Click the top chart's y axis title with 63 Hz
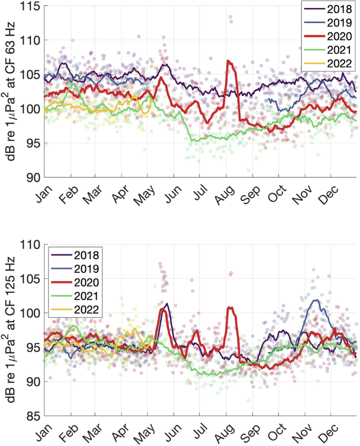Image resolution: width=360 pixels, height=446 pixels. coord(10,92)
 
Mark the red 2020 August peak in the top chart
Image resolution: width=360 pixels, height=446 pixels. coord(229,61)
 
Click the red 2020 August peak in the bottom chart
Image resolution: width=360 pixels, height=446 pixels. coord(229,307)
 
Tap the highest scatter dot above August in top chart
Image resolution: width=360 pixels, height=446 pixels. coord(230,17)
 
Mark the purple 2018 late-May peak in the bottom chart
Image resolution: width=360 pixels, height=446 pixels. coord(167,303)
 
